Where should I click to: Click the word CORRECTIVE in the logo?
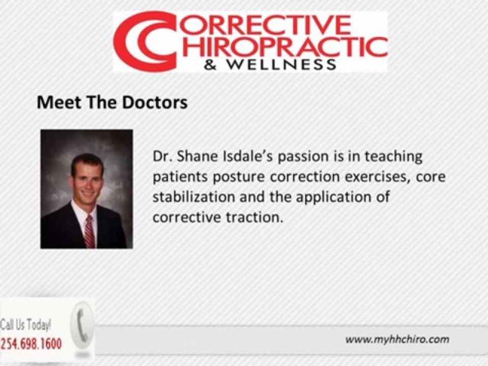point(263,24)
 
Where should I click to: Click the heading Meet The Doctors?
point(112,103)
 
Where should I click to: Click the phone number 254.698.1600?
point(32,344)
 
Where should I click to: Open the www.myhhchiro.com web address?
point(397,340)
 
